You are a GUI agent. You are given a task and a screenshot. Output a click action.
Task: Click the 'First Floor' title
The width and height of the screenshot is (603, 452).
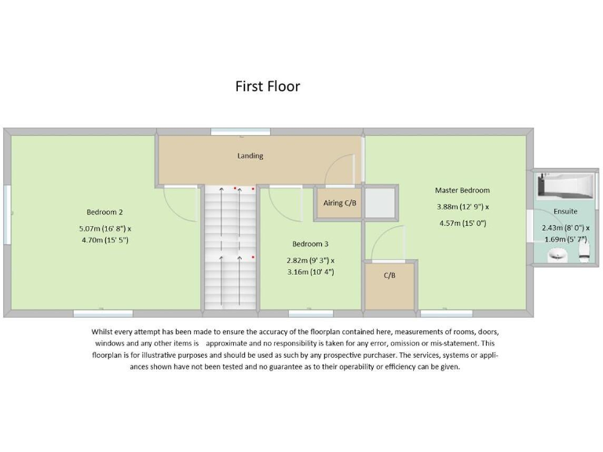[267, 86]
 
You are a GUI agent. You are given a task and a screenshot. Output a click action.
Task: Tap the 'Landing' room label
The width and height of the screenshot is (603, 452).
[250, 155]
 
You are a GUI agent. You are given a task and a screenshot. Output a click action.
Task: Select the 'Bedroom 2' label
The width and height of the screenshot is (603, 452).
[104, 212]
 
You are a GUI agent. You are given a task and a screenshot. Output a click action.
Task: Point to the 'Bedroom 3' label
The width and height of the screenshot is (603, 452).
[310, 243]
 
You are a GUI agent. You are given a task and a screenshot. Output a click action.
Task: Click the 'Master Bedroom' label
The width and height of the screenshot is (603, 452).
[462, 190]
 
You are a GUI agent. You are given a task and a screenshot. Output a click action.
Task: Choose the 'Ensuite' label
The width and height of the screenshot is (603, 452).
[565, 211]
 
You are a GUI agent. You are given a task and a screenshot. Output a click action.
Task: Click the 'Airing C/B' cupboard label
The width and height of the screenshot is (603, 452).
[340, 203]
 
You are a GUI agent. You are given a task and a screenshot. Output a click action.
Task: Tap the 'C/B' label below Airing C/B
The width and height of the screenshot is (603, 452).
[389, 275]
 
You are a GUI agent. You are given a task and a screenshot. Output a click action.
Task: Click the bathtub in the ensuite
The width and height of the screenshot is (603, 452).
[564, 185]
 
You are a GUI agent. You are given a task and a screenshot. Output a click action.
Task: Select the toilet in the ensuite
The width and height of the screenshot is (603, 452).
[583, 252]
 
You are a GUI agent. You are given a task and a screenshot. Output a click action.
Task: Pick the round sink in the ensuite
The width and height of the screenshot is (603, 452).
[558, 253]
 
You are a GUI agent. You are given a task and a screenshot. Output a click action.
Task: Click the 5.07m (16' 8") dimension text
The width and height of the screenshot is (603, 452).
[104, 228]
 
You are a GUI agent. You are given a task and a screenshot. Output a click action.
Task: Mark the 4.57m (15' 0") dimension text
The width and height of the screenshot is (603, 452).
[462, 223]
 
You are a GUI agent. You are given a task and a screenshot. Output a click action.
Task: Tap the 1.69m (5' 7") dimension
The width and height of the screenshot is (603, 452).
[565, 239]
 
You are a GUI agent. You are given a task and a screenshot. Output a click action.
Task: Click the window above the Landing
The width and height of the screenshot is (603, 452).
[235, 131]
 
